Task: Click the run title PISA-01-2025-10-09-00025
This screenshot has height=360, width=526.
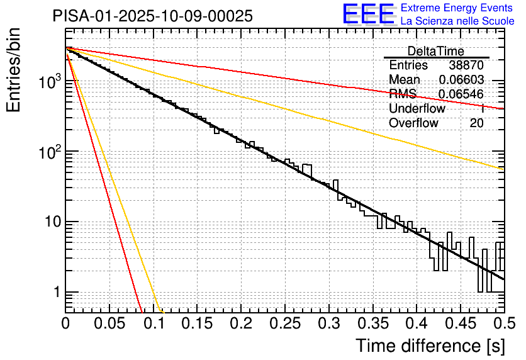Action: tap(153, 16)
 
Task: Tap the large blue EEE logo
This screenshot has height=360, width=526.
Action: tap(368, 14)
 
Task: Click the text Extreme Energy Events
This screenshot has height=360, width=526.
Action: tap(457, 8)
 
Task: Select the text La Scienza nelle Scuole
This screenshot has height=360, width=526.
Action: tap(457, 21)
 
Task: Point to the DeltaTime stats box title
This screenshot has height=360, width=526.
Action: tap(436, 51)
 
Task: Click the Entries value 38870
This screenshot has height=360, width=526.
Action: tap(466, 65)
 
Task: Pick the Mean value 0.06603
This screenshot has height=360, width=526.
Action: tap(461, 80)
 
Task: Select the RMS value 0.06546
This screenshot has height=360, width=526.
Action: tap(461, 94)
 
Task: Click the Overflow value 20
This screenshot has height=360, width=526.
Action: tap(476, 123)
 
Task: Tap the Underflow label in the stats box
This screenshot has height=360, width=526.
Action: tap(417, 109)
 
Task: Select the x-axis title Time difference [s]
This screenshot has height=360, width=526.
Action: tap(429, 346)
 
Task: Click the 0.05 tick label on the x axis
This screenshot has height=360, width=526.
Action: tap(109, 324)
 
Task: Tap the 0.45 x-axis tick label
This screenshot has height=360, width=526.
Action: tap(461, 324)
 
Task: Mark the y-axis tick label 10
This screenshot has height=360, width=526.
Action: tap(52, 222)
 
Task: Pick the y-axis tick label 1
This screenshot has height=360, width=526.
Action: tap(57, 293)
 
